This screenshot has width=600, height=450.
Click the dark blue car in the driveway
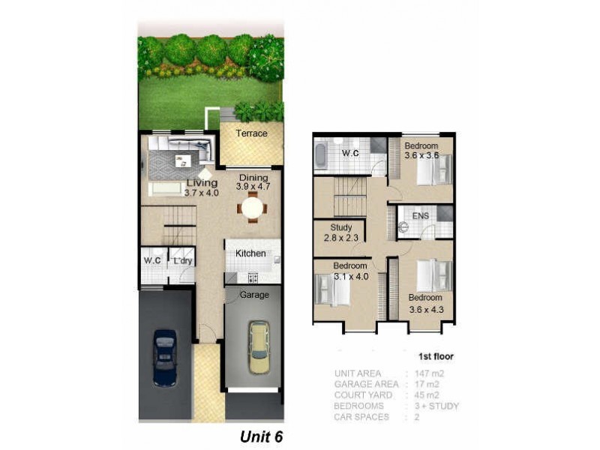164,358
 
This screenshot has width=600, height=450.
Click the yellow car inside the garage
258,347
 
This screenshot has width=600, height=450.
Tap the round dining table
253,205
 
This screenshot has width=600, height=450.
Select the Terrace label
251,133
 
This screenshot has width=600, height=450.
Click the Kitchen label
250,253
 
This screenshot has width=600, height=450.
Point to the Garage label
254,295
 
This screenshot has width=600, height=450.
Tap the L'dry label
183,261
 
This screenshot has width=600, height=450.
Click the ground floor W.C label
153,261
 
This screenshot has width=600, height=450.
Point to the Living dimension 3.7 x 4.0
200,193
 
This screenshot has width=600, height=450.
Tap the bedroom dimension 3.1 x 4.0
350,276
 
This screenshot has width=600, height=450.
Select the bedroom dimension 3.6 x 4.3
426,308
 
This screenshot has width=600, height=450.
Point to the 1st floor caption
435,357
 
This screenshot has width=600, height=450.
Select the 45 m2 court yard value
422,395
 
